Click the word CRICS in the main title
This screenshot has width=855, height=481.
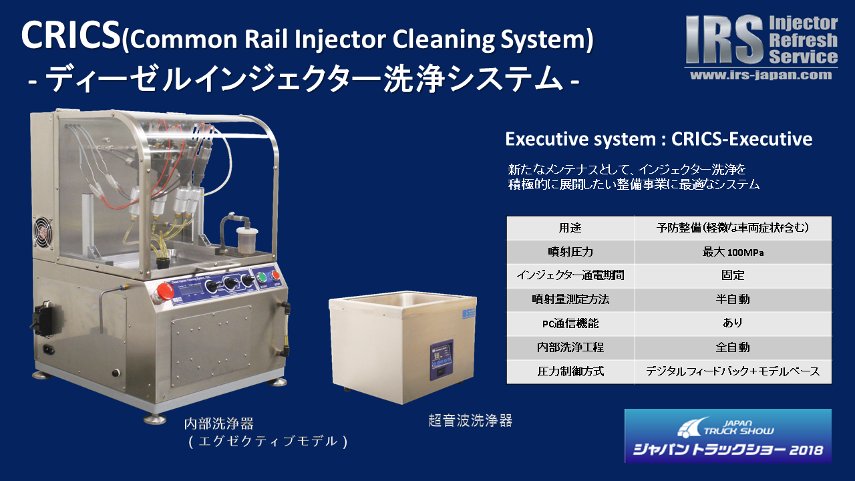pos(71,35)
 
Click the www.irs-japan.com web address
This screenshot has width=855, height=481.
pos(761,75)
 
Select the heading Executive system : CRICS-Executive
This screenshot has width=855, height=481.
pos(659,139)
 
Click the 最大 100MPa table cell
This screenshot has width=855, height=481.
pos(733,252)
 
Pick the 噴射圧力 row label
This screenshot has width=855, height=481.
pos(570,252)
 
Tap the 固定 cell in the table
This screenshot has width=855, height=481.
pos(733,275)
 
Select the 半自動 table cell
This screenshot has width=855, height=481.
pos(733,299)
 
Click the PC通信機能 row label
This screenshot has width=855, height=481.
pos(570,323)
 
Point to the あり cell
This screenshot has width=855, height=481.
pos(733,323)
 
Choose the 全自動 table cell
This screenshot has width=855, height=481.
pos(733,347)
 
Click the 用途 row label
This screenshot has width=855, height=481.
pos(570,228)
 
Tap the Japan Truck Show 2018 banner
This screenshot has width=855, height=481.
pos(728,436)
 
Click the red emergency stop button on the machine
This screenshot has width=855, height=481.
pos(164,293)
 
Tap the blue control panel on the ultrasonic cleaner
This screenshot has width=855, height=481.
pos(442,360)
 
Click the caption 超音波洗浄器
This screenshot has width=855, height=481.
pos(470,421)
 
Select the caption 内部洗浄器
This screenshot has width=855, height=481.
pos(219,424)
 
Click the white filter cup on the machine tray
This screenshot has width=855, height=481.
pos(246,240)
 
